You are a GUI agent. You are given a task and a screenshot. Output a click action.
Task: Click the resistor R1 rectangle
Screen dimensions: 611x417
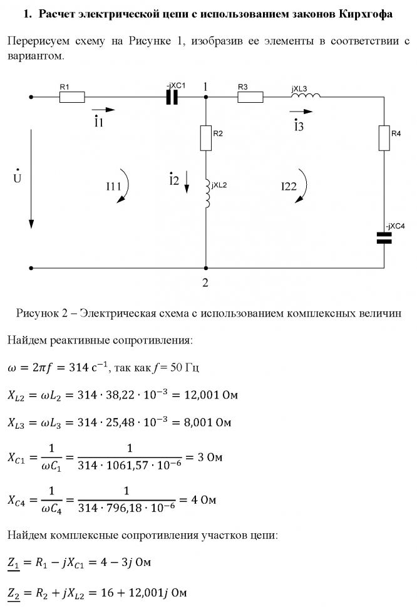[71, 97]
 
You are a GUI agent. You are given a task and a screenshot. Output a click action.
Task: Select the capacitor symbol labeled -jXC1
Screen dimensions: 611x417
[173, 97]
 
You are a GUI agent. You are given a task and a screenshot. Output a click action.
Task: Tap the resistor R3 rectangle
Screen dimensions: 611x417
[250, 97]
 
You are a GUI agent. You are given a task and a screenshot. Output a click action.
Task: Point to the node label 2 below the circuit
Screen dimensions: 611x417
[205, 283]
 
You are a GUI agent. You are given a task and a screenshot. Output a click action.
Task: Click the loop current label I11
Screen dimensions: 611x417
[113, 185]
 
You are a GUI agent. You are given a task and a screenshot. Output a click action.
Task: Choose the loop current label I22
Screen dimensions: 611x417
[289, 185]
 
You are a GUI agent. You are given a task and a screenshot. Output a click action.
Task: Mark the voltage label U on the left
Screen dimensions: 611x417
[17, 179]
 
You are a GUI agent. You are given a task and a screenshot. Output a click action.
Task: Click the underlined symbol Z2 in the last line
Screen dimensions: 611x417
[14, 592]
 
